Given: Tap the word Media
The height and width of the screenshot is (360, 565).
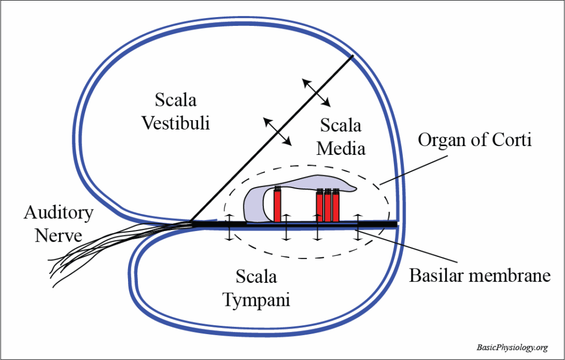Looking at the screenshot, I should (341, 148).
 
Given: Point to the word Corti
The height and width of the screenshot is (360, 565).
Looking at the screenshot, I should (513, 140).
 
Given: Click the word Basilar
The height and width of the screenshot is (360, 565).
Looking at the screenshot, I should (438, 275).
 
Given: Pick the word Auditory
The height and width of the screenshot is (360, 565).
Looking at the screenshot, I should (58, 213).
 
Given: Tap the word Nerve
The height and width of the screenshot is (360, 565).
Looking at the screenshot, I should (58, 236).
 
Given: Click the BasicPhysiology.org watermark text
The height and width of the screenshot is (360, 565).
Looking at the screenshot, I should (512, 347).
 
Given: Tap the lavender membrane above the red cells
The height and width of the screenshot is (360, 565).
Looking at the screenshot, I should (309, 185).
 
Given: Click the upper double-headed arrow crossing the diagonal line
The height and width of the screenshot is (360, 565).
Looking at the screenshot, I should (316, 92).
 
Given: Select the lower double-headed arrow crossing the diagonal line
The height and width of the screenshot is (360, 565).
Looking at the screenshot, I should (278, 131).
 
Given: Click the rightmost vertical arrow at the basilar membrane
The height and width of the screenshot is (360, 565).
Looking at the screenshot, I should (358, 227).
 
